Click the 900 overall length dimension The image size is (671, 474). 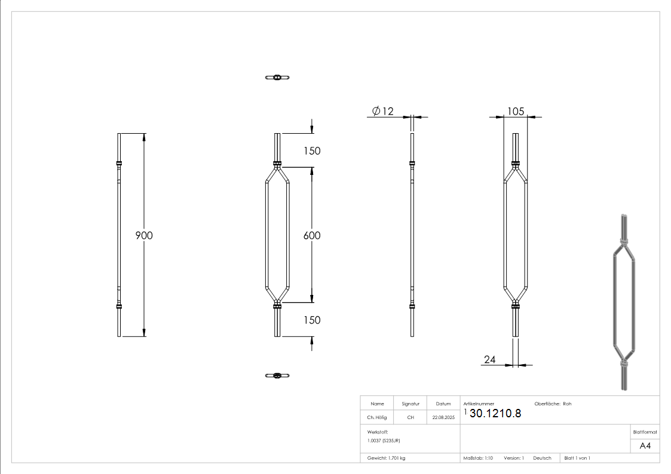coord(143,235)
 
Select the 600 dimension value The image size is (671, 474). coord(311,235)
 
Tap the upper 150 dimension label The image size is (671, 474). coord(311,151)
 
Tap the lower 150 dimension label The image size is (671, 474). coord(311,320)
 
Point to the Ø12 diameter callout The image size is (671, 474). coord(382,111)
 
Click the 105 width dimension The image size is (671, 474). coord(515,112)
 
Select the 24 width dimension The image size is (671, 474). coord(490,359)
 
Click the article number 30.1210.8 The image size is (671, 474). coord(495,414)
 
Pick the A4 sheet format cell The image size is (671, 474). coord(645,446)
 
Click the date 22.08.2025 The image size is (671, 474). coord(443,418)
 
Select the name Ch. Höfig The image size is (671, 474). coord(377,418)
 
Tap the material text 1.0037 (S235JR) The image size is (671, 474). coord(384,440)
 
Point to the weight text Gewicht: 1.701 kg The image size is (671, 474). coord(386,458)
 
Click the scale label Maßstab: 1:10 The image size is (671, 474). coord(478,458)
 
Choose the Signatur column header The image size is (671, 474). coord(410,404)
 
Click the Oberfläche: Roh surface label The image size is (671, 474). coord(553,404)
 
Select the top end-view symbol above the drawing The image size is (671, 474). coord(277,77)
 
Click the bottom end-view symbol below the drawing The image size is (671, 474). coord(277,375)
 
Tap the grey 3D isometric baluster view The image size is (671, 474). coord(623,301)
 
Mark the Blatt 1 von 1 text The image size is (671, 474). coord(577,458)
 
